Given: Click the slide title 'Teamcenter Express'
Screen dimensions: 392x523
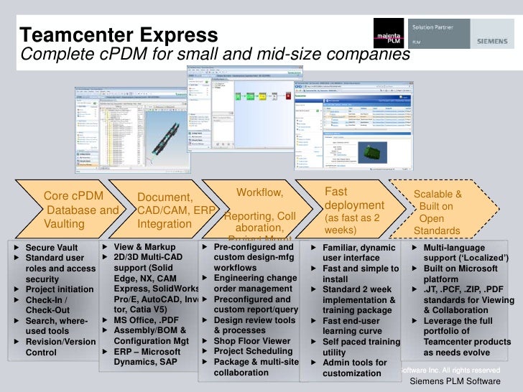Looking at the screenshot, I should coord(118,34).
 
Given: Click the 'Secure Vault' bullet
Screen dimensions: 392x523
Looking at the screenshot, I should coord(52,247).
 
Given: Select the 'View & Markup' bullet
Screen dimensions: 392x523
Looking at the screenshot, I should coord(144,247).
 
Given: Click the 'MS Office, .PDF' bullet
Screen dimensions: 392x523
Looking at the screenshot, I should coord(142,319).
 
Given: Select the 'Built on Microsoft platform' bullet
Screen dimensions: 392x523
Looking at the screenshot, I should coord(466,274).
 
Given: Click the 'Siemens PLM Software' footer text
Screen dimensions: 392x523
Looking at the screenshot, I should coord(454,382).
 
